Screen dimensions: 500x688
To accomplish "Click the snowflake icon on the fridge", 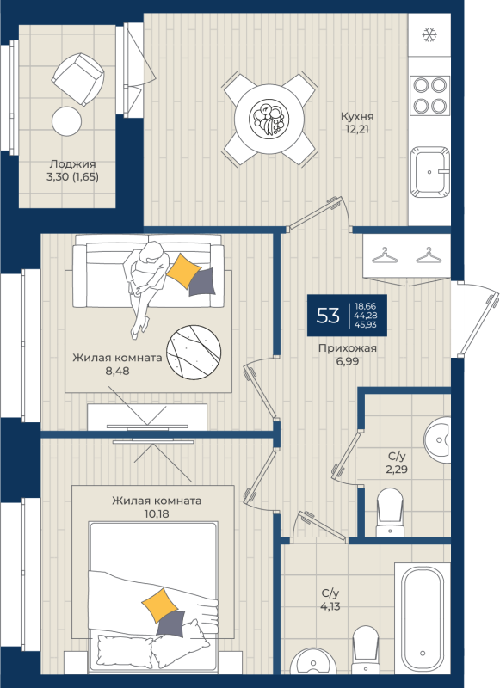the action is (x=429, y=34).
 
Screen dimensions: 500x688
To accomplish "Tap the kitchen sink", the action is (x=430, y=171).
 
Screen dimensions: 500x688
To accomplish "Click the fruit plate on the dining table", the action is (x=269, y=118).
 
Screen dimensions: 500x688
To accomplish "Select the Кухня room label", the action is (x=357, y=116).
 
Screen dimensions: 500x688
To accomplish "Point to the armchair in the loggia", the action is (x=78, y=79).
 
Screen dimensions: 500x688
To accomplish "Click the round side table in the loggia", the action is (x=67, y=121).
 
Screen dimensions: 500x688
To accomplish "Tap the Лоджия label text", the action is (x=72, y=163).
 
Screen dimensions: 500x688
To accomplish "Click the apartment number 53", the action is (x=328, y=315).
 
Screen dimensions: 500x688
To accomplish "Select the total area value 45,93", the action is (x=366, y=325).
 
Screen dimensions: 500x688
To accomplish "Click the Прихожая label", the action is (x=348, y=348).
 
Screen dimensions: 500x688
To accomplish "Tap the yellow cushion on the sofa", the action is (x=183, y=270).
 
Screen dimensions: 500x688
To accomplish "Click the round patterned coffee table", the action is (x=194, y=353).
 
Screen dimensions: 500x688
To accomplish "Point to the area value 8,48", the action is (x=117, y=371).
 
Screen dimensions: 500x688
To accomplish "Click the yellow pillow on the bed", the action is (x=160, y=605).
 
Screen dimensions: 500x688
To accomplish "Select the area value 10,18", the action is (x=157, y=513).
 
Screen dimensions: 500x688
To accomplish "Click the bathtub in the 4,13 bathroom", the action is (x=423, y=618).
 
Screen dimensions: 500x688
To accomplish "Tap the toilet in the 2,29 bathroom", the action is (x=390, y=512).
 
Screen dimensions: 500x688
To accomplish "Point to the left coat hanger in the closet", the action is (x=385, y=255).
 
